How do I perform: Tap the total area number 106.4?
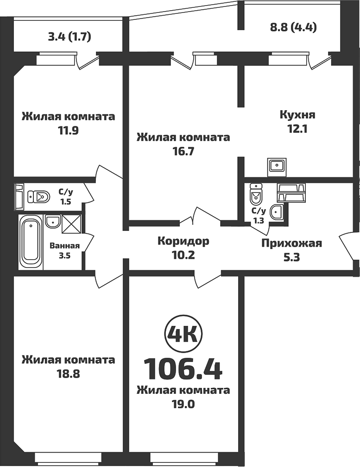183,368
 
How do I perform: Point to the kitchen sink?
278,165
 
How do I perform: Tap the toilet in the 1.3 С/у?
255,195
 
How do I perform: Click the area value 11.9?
68,130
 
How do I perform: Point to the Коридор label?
183,241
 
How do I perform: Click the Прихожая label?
291,243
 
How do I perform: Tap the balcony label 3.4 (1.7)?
69,36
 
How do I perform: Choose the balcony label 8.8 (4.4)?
293,27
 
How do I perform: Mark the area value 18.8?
68,374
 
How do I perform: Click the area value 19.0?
183,404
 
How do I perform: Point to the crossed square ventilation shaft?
71,224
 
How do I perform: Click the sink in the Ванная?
53,221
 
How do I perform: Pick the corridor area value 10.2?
183,255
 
